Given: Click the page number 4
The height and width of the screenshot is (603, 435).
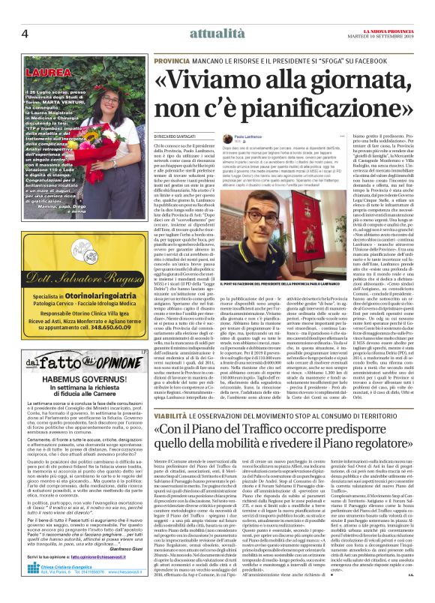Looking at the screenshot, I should click(x=25, y=13).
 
